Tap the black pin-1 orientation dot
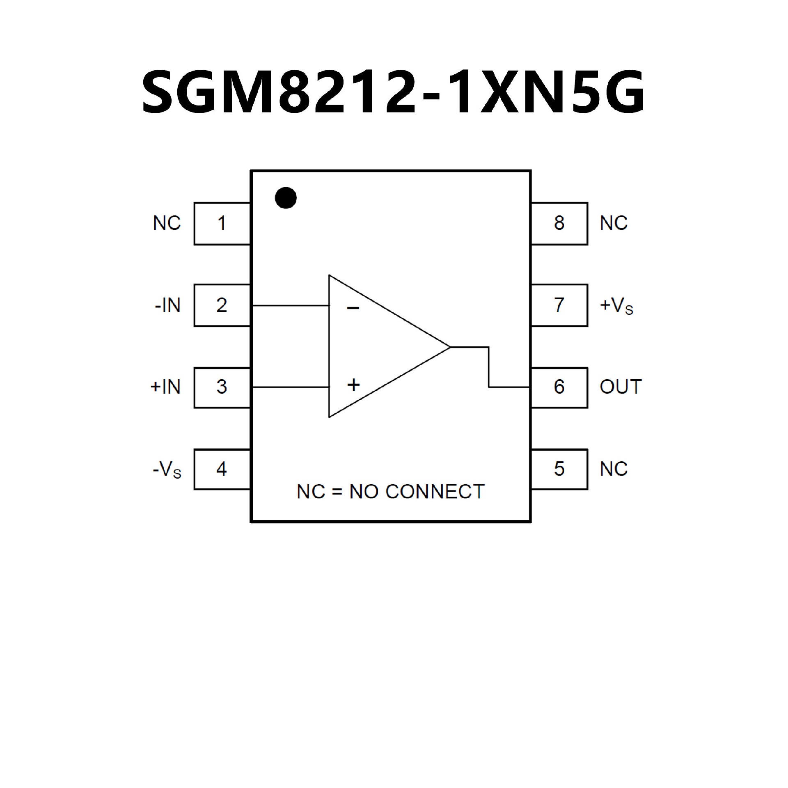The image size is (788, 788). click(x=286, y=198)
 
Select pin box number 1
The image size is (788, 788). click(x=222, y=223)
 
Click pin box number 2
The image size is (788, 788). click(x=222, y=305)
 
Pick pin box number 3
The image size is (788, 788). click(x=222, y=387)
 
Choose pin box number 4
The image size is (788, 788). click(x=222, y=469)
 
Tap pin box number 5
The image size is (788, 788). click(x=559, y=469)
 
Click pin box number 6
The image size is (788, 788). click(x=559, y=387)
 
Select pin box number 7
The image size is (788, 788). click(x=559, y=305)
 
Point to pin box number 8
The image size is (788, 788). click(x=559, y=223)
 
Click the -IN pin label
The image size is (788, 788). click(x=167, y=305)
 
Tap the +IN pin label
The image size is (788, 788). click(x=165, y=387)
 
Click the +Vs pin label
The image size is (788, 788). click(x=616, y=306)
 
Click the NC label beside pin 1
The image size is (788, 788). click(x=167, y=223)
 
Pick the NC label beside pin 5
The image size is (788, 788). click(x=614, y=469)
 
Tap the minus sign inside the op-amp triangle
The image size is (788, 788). click(x=353, y=308)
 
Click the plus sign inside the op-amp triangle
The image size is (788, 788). click(x=353, y=385)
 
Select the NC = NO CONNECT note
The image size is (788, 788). click(x=390, y=492)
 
